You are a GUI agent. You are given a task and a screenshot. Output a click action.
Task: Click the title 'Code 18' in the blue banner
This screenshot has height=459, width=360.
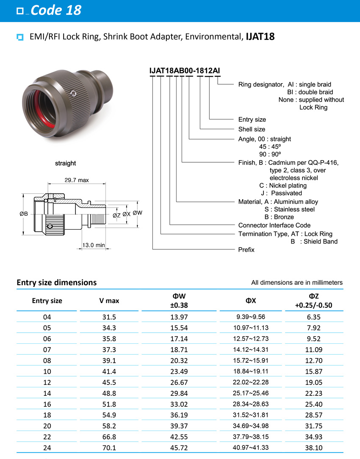point(55,10)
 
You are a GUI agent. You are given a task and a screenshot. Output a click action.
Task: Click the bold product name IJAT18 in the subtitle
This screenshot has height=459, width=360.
point(260,37)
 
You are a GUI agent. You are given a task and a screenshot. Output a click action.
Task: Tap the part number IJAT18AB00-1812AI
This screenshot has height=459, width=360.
point(184,70)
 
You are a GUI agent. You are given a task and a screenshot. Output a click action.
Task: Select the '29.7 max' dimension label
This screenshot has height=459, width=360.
point(77,180)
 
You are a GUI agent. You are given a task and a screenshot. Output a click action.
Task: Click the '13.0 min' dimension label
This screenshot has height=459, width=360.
point(94,245)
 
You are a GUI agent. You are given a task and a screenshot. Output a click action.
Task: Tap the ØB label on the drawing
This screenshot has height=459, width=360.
point(24,214)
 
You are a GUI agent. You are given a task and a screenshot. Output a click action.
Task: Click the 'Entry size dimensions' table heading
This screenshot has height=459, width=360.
point(56,282)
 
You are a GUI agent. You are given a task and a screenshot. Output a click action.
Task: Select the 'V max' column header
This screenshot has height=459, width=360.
point(109,301)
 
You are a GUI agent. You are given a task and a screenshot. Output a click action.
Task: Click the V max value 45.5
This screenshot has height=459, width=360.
point(109,383)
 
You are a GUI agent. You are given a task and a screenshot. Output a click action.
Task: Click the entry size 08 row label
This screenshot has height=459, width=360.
point(47,361)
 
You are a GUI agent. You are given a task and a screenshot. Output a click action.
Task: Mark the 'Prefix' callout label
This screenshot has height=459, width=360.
point(246,250)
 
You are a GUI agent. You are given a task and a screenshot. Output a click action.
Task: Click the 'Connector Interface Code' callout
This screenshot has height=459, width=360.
point(274,225)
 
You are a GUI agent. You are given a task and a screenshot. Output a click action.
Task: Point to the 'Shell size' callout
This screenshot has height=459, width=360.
point(252,129)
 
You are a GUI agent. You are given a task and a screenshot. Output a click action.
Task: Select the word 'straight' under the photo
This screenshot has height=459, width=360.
point(65,163)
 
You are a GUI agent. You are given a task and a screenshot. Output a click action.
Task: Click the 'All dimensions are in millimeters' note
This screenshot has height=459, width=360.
point(297,283)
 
